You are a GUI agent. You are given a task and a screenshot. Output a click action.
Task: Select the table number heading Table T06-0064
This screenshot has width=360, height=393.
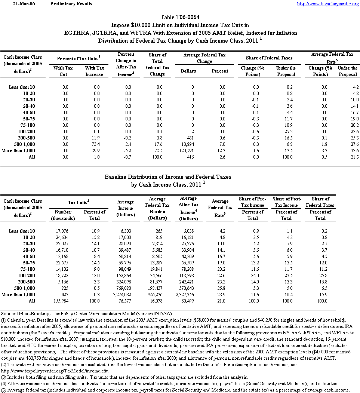[180, 17]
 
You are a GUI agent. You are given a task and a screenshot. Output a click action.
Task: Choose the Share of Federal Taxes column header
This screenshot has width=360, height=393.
[269, 58]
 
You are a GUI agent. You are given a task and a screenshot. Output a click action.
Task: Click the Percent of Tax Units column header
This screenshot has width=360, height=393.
[79, 58]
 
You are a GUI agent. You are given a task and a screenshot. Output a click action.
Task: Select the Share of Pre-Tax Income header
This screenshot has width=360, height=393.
[253, 202]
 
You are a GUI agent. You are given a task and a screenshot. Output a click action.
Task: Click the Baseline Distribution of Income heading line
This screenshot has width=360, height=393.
[168, 176]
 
